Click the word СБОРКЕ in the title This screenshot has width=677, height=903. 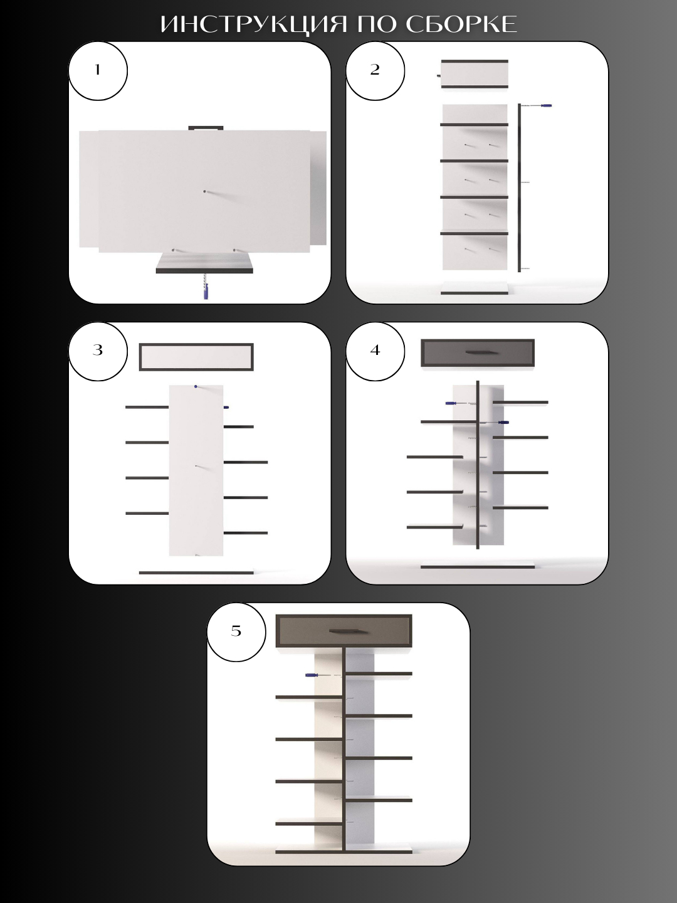[x=461, y=24]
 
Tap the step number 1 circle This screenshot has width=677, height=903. [x=98, y=71]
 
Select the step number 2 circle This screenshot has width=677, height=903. [x=375, y=71]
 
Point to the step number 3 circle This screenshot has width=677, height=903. [x=98, y=351]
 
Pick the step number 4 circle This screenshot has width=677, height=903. [x=375, y=351]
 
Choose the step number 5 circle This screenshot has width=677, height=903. [x=236, y=632]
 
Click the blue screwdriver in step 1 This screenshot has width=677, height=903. [x=206, y=290]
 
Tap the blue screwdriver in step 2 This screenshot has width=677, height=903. [x=545, y=106]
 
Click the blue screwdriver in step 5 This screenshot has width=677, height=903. [x=312, y=675]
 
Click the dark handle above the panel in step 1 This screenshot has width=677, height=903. [x=206, y=128]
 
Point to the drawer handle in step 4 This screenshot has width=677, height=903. [x=478, y=352]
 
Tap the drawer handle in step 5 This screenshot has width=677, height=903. [x=344, y=631]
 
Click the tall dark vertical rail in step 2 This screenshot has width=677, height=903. [x=520, y=187]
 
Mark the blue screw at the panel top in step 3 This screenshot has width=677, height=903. [x=196, y=387]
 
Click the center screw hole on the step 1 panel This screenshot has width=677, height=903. [x=205, y=192]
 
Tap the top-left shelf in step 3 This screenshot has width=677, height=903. [x=147, y=407]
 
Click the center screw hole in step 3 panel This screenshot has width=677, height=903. [x=196, y=466]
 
